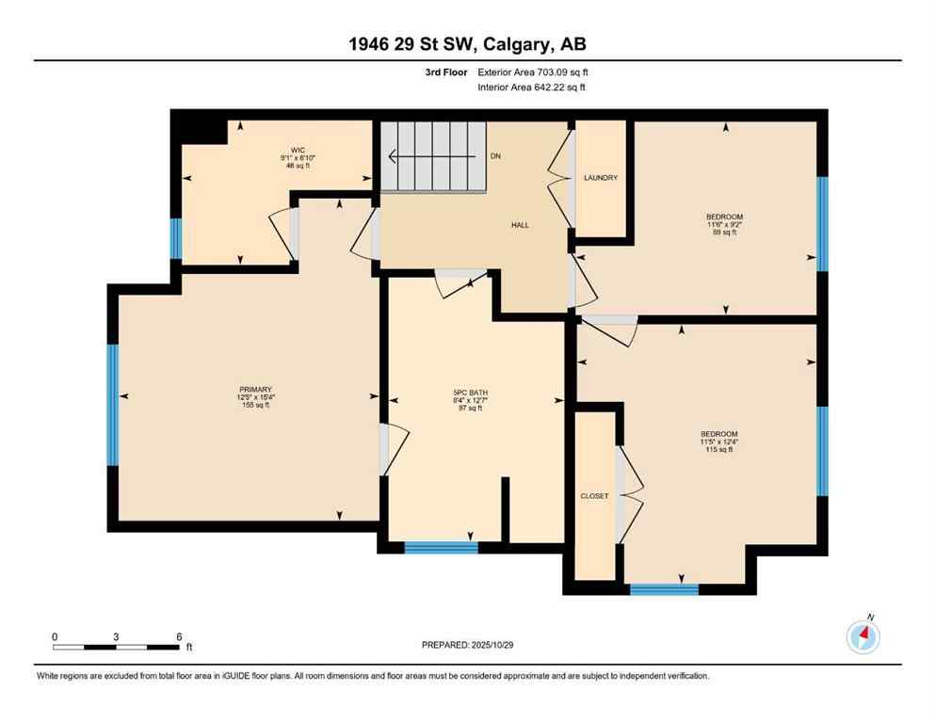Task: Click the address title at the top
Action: click(467, 43)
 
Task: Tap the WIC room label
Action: click(298, 150)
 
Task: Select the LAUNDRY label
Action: click(601, 178)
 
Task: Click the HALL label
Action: click(520, 225)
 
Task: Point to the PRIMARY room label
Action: click(254, 389)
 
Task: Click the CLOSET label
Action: click(594, 496)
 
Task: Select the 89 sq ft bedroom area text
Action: click(725, 233)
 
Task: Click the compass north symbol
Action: click(862, 637)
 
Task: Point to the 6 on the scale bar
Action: click(179, 636)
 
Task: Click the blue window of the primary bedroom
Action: click(113, 405)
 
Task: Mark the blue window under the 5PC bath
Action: click(441, 547)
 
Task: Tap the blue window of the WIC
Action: click(175, 238)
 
